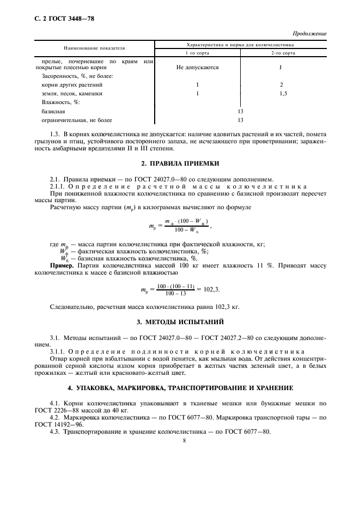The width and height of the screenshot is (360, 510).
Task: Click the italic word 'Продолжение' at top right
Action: (309, 34)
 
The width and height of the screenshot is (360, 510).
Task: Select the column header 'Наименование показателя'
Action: (94, 47)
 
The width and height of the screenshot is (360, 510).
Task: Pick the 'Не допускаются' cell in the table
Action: (197, 68)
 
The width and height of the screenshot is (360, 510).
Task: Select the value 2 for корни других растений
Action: (282, 85)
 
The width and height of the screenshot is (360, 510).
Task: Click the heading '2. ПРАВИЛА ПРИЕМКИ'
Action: (180, 163)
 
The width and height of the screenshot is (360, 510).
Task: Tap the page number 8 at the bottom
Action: (185, 441)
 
